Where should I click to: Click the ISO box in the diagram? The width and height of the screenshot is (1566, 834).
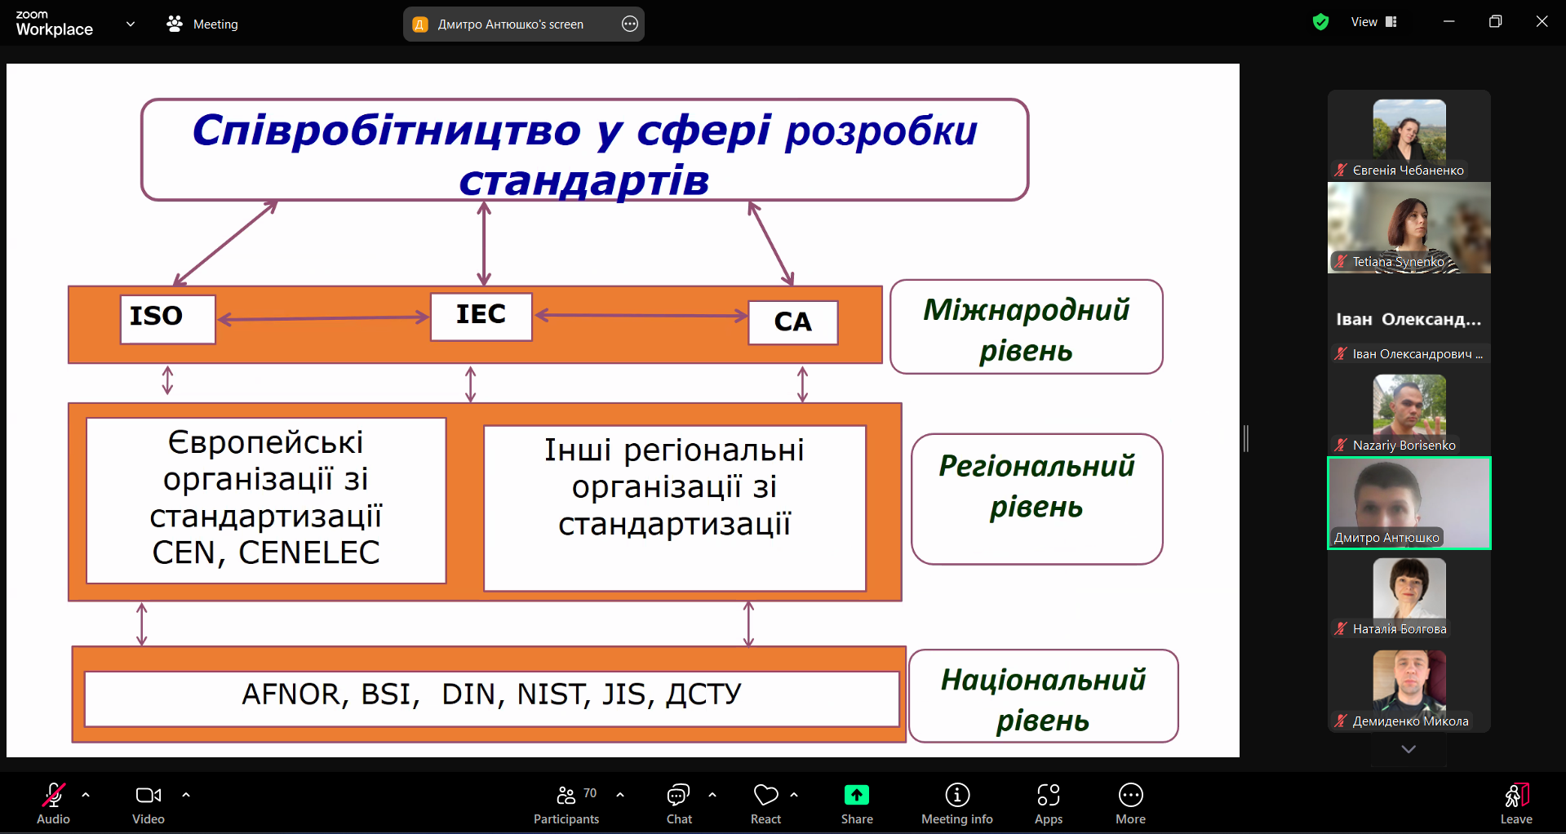(168, 319)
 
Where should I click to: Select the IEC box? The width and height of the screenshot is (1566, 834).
(481, 317)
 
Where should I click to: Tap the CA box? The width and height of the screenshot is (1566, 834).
(793, 322)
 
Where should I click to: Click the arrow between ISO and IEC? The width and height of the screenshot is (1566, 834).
(323, 318)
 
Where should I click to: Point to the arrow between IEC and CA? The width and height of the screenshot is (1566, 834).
(641, 315)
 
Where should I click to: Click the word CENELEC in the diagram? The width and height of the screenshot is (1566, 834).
(309, 553)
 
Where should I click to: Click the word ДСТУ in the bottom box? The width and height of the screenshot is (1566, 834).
(704, 694)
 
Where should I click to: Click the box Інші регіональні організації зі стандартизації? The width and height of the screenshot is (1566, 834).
(675, 508)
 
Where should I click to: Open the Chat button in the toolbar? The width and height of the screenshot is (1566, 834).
(679, 804)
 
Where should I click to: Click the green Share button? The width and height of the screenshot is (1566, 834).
(857, 804)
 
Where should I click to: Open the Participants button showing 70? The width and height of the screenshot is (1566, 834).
(566, 804)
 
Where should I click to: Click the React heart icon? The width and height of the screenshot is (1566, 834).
(766, 795)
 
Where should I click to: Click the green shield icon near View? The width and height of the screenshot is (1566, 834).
(1320, 22)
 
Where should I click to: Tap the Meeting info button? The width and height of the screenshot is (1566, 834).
(957, 804)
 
